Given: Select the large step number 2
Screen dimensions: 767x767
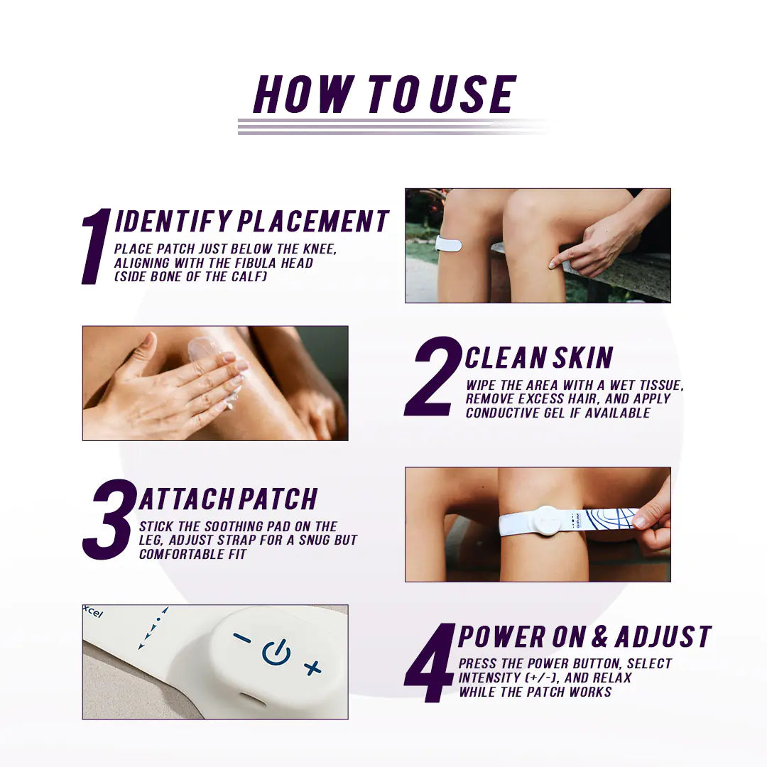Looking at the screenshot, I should pos(433,376).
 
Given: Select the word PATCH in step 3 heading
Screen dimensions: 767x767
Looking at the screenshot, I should pos(277,499).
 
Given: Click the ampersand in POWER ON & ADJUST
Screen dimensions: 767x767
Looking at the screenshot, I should pos(600,637).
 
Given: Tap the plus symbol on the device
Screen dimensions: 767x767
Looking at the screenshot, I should pos(312,668).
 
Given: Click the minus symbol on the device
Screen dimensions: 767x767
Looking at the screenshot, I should pos(242,638).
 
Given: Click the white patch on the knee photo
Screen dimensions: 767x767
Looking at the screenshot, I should pos(448,244).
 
